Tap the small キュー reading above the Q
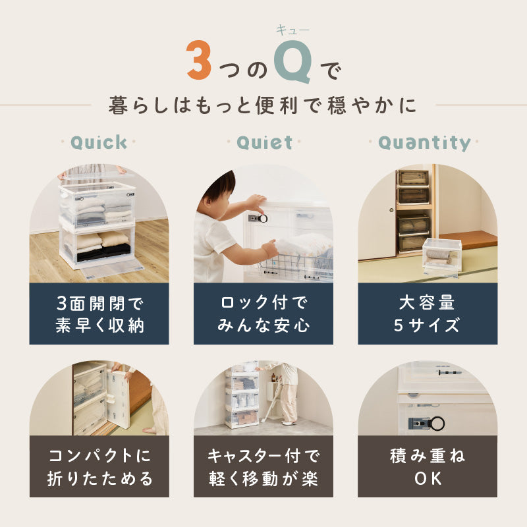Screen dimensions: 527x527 point(292,29)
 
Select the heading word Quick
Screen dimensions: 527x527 point(99,142)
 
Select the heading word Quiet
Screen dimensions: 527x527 point(263,142)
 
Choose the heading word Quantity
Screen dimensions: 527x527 point(425,142)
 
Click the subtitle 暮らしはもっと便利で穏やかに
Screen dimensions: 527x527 point(263,105)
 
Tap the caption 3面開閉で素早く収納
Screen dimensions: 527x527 point(99,314)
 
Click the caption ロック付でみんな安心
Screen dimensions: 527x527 point(263,314)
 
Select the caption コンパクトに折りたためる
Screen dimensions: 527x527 point(99,466)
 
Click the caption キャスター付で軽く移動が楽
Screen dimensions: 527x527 point(263,466)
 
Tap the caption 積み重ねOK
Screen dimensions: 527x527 point(428,466)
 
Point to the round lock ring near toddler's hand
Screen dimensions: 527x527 point(262,217)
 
